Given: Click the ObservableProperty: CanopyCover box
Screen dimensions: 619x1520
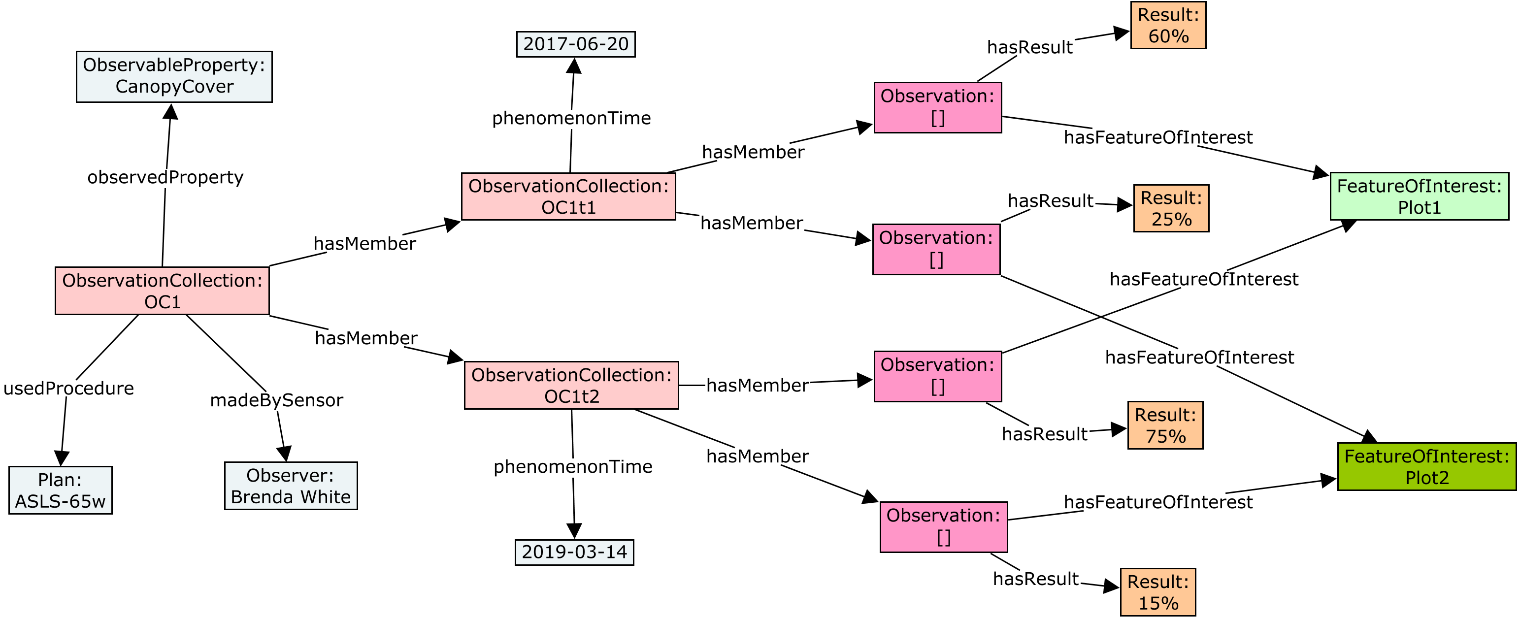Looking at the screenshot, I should (174, 76).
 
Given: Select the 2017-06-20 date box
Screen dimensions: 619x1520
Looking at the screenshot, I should (575, 44).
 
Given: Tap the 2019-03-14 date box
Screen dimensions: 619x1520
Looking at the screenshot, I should (574, 553).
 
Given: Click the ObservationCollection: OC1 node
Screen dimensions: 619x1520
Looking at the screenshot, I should (162, 291).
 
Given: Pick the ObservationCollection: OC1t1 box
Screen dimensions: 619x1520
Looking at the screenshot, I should (568, 196).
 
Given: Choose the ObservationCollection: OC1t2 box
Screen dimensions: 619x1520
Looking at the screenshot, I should (571, 385).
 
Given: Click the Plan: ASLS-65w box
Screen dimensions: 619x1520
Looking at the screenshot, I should (60, 490).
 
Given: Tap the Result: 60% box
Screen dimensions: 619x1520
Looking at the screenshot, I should (1168, 26).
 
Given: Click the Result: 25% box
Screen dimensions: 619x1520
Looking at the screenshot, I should (1171, 208).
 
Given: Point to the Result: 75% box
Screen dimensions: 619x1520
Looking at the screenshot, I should (1165, 425).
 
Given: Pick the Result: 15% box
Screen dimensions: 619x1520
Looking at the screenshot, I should (1157, 592).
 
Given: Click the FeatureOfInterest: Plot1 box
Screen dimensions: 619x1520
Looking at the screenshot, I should (1419, 196).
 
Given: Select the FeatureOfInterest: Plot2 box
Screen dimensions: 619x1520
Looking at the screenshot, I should (1426, 467).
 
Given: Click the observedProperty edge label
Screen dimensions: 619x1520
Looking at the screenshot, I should (165, 177).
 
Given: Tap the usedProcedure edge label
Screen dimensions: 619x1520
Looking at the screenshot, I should (68, 388).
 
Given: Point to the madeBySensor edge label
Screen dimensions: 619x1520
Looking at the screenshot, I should (276, 400).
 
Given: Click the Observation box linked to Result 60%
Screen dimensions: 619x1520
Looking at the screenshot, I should (937, 107).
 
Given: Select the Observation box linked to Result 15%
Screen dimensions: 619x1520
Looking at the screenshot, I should (943, 527).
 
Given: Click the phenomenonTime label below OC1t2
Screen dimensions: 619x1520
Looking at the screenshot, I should (572, 467).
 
